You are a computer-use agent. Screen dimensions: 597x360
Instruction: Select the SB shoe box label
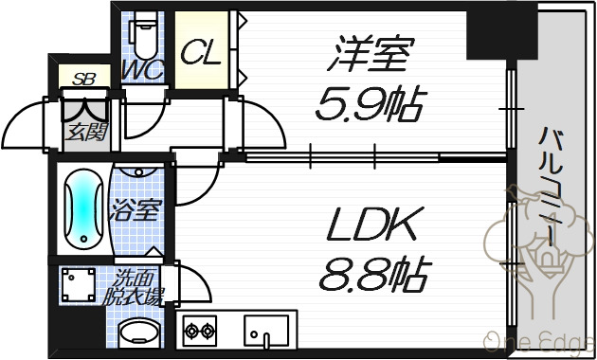tap(83, 79)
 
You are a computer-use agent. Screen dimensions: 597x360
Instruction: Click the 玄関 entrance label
tap(87, 132)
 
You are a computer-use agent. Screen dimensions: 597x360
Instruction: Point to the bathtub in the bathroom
tap(83, 209)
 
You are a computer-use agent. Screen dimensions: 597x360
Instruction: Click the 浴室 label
tap(136, 209)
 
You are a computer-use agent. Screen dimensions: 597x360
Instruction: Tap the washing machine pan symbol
tap(79, 284)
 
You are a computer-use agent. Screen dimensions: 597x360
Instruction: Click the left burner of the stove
tap(191, 331)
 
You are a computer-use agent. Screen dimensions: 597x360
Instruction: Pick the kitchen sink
tap(265, 331)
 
